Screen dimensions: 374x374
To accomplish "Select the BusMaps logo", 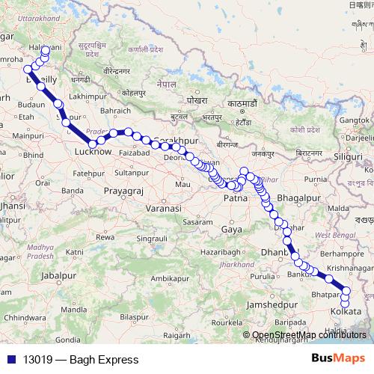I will click(x=340, y=358).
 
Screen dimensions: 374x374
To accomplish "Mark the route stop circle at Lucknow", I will click(x=93, y=143).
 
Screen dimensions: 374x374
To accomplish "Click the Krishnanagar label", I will click(x=349, y=267).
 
